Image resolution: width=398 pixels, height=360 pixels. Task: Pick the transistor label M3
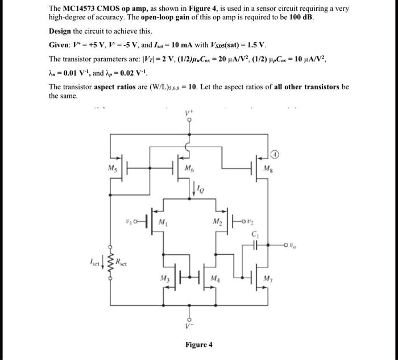(165, 278)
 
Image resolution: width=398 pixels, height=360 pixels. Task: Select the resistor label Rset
(121, 262)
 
